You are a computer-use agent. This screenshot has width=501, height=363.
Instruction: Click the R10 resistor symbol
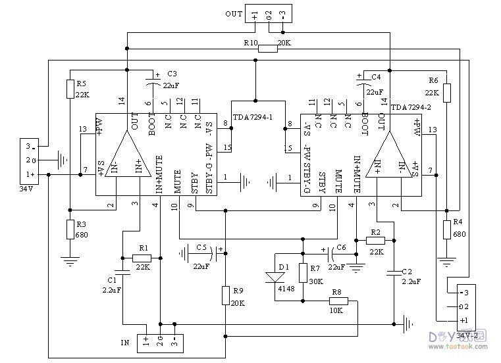267,48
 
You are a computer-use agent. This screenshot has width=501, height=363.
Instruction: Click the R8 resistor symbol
343,301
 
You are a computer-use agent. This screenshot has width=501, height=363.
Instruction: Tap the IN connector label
124,343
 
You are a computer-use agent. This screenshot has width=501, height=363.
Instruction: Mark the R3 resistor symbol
69,229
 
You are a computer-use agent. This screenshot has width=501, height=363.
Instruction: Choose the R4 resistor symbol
447,229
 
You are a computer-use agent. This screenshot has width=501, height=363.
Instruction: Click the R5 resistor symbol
69,89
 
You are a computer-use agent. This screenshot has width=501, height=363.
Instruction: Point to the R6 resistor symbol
447,92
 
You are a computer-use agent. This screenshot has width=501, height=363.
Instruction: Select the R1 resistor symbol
142,257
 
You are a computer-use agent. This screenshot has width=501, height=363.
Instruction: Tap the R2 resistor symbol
375,240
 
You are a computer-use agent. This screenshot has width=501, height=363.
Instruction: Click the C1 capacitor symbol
122,272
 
